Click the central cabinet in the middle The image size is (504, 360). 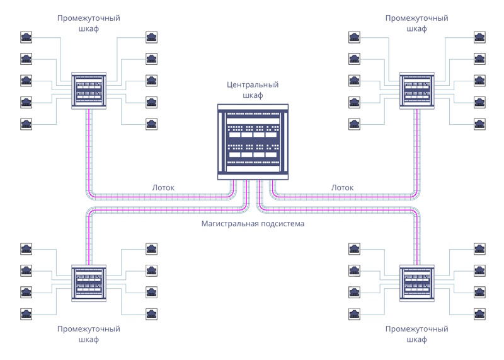253,142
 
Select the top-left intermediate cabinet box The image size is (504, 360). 89,90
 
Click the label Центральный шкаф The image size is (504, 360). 253,90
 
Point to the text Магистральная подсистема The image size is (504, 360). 253,224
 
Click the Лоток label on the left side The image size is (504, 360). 163,187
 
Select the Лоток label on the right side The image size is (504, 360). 343,187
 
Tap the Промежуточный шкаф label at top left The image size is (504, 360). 89,23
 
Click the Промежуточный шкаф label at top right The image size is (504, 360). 416,23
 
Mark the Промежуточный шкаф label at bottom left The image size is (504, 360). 89,334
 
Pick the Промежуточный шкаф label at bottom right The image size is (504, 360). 416,334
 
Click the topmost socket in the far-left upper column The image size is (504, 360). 26,37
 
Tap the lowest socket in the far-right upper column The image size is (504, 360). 479,123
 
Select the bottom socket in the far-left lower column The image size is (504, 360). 26,313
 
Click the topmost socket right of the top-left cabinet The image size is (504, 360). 152,37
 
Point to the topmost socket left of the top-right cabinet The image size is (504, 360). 355,37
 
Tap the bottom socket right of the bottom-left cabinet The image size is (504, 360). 152,313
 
